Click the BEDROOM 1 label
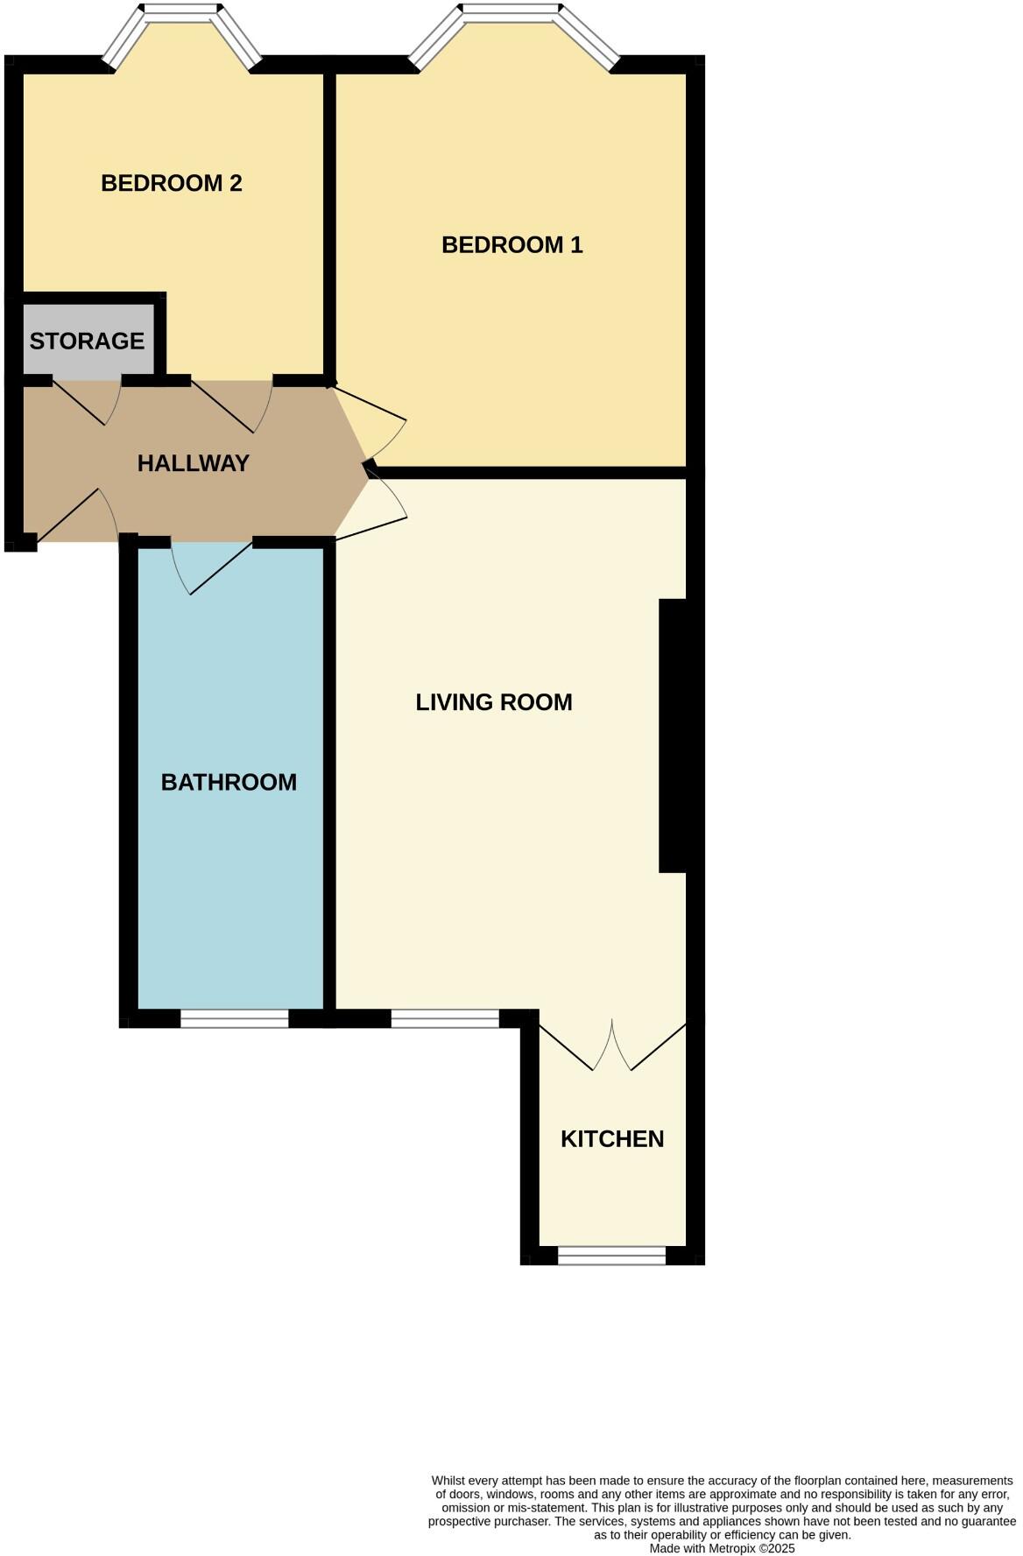click(x=511, y=244)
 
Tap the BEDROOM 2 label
click(x=171, y=183)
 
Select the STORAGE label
click(x=87, y=341)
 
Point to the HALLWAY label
click(x=193, y=463)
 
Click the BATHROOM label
click(x=229, y=782)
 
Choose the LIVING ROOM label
click(x=493, y=702)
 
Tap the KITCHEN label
click(x=611, y=1138)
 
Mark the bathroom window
click(x=234, y=1018)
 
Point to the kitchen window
click(x=611, y=1257)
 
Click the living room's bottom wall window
click(x=444, y=1018)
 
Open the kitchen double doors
click(x=612, y=1046)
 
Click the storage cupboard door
click(x=86, y=400)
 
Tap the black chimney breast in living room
click(x=672, y=736)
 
